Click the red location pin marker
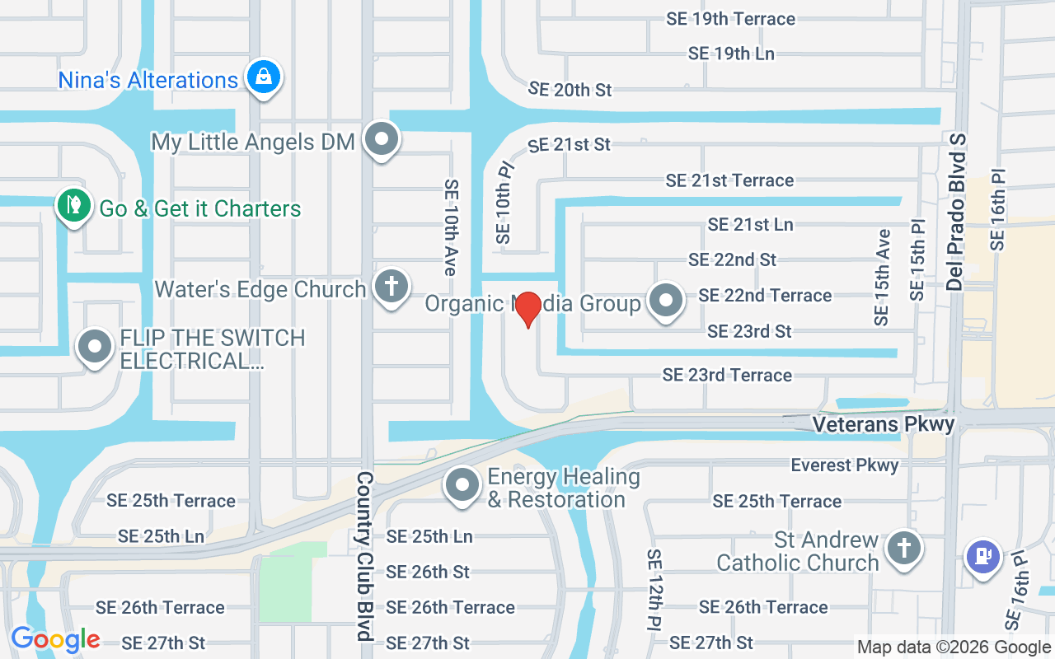click(x=527, y=309)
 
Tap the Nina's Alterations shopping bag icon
click(x=263, y=77)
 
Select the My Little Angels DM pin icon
click(x=381, y=139)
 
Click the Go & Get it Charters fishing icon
click(x=73, y=206)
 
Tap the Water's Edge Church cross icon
click(x=391, y=287)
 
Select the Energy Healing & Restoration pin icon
click(x=462, y=485)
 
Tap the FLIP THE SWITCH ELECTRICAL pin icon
click(x=95, y=347)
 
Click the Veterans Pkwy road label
click(x=883, y=424)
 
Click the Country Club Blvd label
click(x=364, y=556)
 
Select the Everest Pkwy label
click(x=845, y=465)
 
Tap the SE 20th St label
click(x=570, y=89)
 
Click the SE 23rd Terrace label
click(x=727, y=376)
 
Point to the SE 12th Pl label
click(x=654, y=588)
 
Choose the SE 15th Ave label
click(x=883, y=277)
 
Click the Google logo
click(x=55, y=639)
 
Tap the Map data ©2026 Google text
click(x=953, y=647)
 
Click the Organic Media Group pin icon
click(x=665, y=301)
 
